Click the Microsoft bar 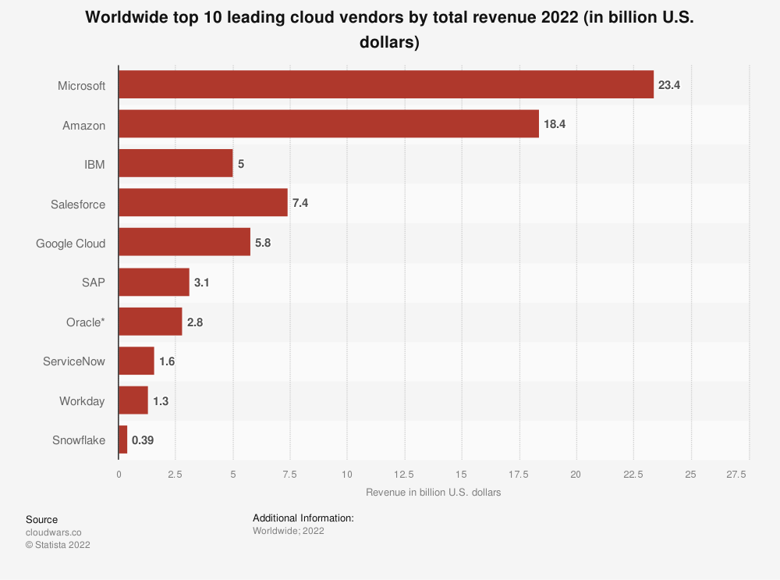point(386,84)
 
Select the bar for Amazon point(328,123)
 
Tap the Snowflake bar point(123,439)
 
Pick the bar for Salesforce point(203,203)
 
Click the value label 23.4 point(669,84)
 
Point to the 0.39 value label point(143,440)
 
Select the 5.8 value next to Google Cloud point(263,243)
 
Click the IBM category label point(94,164)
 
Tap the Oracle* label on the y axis point(86,322)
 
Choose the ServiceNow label point(74,361)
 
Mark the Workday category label point(82,401)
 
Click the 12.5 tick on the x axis point(404,474)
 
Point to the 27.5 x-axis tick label point(736,474)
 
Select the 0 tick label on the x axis point(119,474)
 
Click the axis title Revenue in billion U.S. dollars point(433,493)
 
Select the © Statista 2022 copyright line point(58,545)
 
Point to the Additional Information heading point(303,518)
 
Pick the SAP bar point(154,282)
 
